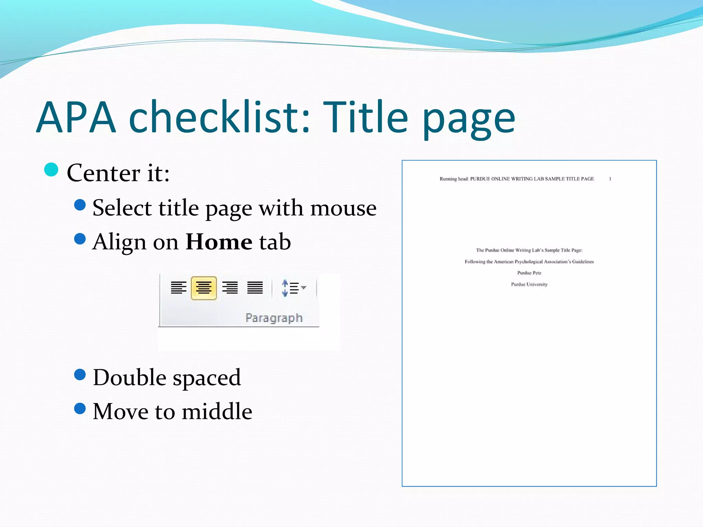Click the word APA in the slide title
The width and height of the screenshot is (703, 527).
76,117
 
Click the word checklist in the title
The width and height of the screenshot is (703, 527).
220,117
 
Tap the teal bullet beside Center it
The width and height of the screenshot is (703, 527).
51,169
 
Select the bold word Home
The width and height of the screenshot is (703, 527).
219,242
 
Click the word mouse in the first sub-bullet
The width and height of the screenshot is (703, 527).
343,208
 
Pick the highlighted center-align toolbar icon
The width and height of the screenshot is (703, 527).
204,288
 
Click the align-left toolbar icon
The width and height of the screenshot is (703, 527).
178,288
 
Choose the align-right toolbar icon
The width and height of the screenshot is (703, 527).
230,288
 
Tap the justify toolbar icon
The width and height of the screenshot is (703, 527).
255,288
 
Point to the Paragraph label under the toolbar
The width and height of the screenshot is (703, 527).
274,318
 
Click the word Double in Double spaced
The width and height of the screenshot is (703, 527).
130,378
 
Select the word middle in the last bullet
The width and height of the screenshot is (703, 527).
217,411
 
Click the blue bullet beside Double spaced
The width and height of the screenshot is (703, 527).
80,375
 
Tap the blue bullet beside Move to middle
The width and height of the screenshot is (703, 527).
80,408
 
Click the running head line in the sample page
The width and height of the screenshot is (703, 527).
517,179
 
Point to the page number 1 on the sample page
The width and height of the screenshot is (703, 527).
610,179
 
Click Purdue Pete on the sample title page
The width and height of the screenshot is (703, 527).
529,273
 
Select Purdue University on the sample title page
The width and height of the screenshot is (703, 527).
529,284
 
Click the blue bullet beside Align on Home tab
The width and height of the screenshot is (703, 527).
80,239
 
